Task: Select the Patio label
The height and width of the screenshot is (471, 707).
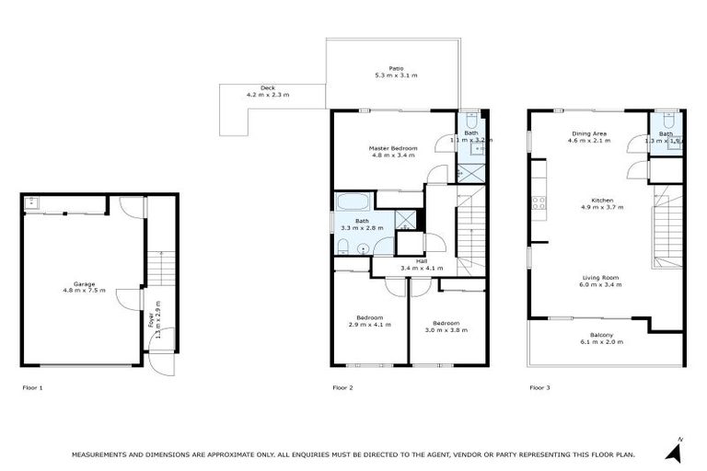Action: coord(396,72)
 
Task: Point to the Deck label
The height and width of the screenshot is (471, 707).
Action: coord(267,92)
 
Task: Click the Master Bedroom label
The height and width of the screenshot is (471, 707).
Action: coord(393,152)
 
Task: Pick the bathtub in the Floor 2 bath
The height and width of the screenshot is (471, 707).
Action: coord(353,203)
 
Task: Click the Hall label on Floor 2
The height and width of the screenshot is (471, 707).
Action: coord(421,265)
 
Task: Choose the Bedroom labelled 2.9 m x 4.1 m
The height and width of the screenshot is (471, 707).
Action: coord(365,321)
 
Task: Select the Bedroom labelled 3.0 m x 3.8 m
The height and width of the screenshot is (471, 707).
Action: coord(446,327)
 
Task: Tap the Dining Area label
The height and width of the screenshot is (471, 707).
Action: coord(589,136)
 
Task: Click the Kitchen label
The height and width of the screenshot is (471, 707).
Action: coord(601,203)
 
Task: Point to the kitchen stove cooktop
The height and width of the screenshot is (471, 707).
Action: coord(537,203)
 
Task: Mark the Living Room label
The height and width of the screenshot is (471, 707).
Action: coord(600,281)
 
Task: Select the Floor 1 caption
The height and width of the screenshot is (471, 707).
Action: coord(32,388)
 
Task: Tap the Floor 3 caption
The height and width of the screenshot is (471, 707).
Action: coord(539,388)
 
